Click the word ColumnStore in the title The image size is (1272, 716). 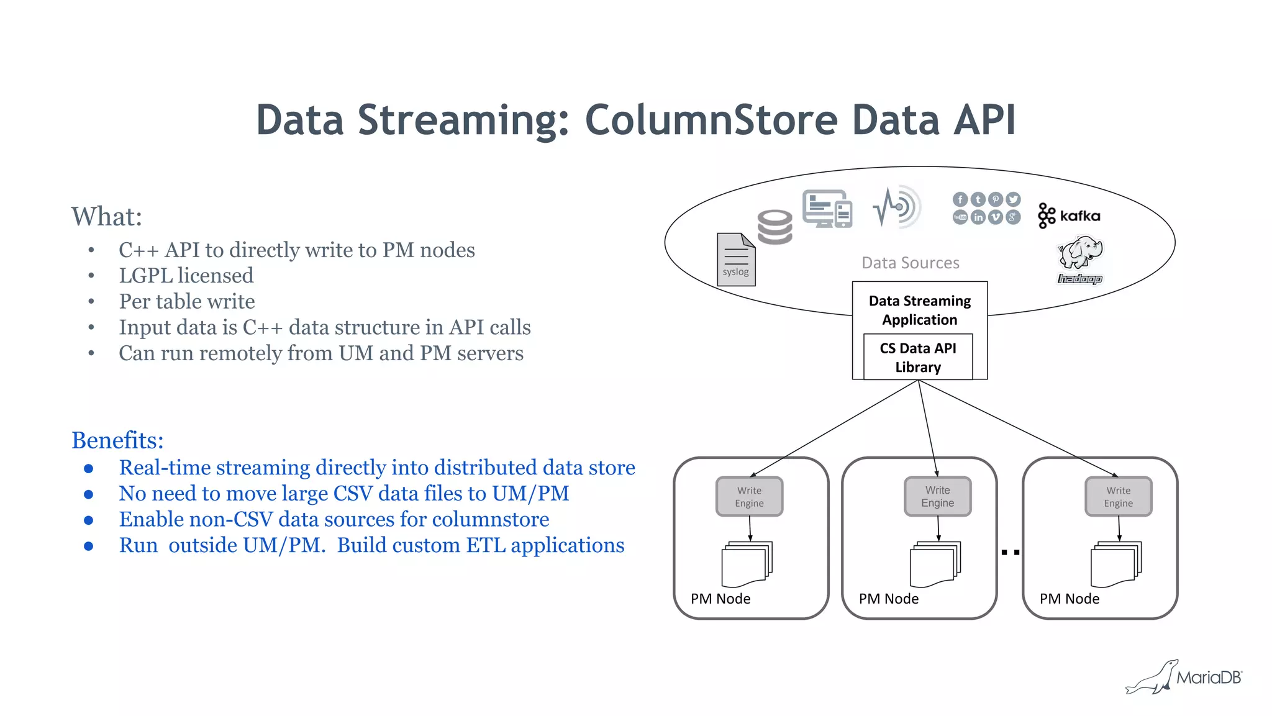[711, 120]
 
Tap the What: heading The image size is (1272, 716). [106, 217]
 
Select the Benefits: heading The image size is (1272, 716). [117, 440]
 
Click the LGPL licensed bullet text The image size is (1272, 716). [186, 276]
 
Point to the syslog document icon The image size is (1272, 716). [736, 260]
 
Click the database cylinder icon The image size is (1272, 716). [775, 227]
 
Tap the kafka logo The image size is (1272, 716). [1069, 216]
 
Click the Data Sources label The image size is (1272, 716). [910, 263]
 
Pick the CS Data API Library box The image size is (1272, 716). [917, 357]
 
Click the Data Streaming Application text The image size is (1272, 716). [919, 310]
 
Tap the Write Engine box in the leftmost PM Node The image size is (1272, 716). [749, 497]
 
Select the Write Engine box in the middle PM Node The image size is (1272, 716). [937, 497]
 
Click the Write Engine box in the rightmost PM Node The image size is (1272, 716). [1118, 497]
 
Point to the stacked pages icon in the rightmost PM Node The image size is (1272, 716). [1115, 564]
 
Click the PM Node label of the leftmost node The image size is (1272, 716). [720, 599]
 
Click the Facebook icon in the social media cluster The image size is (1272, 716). [960, 199]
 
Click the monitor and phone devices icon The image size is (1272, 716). [827, 209]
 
